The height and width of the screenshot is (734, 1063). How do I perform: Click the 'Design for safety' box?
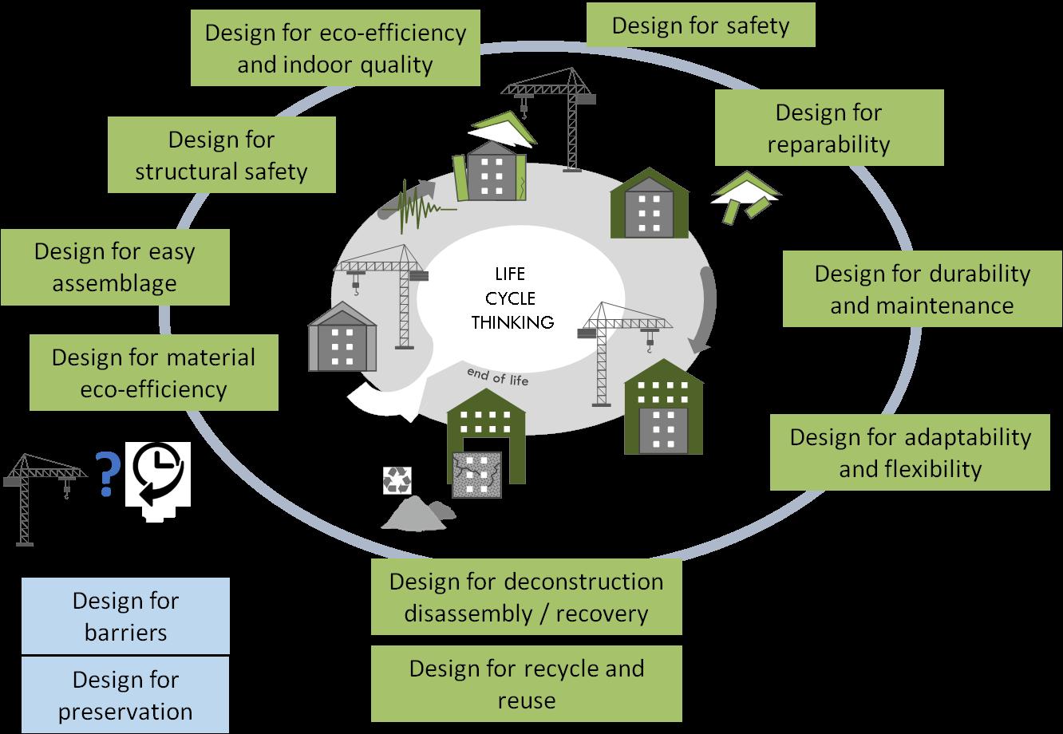[701, 26]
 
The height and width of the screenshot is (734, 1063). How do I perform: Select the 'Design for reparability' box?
[828, 128]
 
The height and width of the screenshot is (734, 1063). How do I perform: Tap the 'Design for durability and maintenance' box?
[922, 289]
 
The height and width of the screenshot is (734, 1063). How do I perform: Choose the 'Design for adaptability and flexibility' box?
[910, 452]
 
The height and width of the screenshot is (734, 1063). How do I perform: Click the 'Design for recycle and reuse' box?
[526, 684]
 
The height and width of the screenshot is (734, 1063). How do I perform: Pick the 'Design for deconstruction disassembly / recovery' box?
[526, 597]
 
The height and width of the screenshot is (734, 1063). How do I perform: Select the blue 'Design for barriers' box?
[125, 616]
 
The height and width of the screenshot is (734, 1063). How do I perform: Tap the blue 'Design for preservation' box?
[125, 695]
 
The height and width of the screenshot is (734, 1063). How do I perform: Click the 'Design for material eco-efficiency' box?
[153, 373]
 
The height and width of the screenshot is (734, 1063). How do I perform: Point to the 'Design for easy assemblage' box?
[115, 267]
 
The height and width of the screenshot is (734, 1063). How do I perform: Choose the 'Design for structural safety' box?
[221, 155]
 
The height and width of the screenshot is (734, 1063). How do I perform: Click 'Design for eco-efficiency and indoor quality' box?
[335, 48]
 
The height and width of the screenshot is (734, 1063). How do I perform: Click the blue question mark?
[104, 474]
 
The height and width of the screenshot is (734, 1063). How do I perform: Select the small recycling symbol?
[397, 480]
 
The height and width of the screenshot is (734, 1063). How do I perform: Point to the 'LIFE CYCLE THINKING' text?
[512, 299]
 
